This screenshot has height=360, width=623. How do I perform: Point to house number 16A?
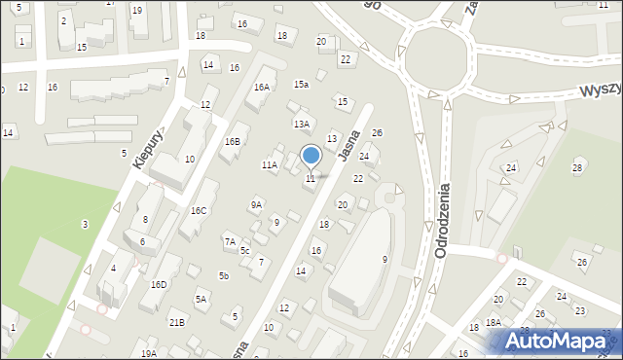261,87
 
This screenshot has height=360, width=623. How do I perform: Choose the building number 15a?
302,85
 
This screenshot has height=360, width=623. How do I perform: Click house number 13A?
302,124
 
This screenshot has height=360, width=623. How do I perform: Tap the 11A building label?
270,165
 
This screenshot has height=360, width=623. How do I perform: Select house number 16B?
232,141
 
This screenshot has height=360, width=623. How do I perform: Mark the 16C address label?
199,210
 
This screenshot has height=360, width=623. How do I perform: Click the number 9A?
256,204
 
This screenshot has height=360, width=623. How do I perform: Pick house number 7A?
230,240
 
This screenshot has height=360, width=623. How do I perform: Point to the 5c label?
245,250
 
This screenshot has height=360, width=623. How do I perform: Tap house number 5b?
223,276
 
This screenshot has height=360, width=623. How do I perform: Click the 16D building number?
159,284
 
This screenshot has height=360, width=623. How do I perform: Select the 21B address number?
176,322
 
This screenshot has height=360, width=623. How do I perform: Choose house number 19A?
148,353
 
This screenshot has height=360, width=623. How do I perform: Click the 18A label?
493,322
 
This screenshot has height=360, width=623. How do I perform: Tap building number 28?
576,168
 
